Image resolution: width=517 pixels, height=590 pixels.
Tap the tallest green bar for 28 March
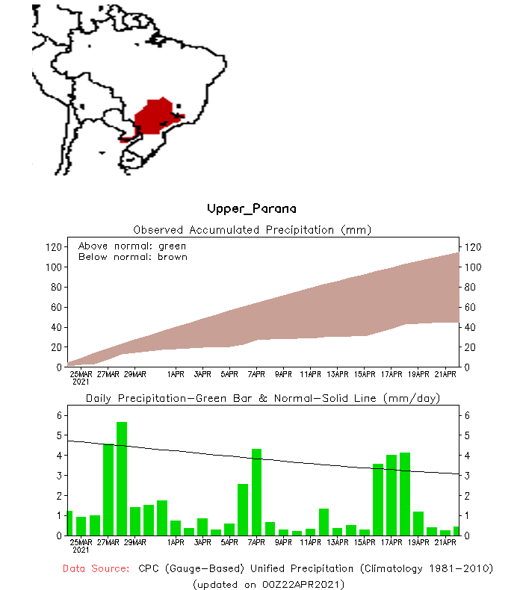click(121, 478)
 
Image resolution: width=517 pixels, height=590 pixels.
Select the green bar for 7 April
click(256, 491)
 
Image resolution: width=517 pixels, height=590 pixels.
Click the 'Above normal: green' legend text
click(132, 246)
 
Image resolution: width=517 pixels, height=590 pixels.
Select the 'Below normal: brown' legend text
click(133, 257)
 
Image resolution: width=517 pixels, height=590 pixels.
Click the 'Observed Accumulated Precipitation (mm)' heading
click(252, 229)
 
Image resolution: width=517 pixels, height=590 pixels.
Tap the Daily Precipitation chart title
click(262, 398)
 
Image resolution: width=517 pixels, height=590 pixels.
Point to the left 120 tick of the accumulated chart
click(53, 246)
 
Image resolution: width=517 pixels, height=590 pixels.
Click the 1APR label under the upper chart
click(176, 374)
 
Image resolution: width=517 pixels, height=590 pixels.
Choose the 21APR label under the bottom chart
click(445, 542)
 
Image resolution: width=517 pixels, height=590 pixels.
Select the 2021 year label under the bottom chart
click(81, 550)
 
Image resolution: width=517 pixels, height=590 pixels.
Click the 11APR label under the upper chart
click(310, 374)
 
